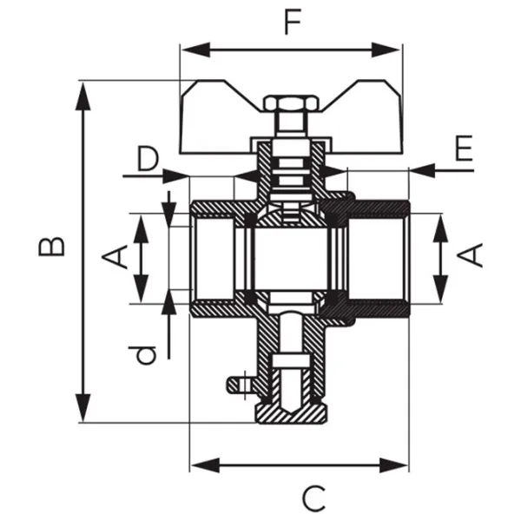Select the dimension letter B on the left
click(x=53, y=247)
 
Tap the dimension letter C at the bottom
click(x=313, y=498)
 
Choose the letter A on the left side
click(x=118, y=255)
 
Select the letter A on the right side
click(x=471, y=255)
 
